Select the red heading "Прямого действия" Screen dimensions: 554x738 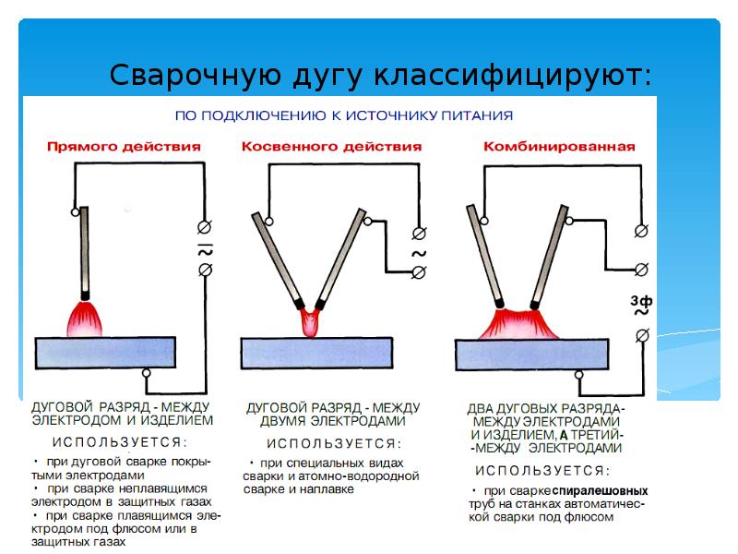123,147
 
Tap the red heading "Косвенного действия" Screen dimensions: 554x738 331,147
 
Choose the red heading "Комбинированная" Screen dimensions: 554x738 559,147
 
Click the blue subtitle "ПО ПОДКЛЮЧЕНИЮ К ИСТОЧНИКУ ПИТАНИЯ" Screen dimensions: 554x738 344,116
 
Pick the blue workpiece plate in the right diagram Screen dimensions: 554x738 532,352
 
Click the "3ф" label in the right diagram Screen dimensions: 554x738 641,300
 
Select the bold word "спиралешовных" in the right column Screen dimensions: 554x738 601,490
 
